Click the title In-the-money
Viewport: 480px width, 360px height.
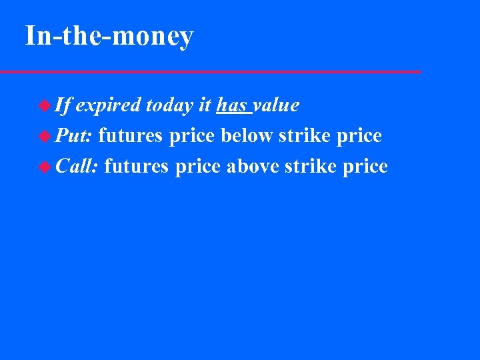tap(109, 36)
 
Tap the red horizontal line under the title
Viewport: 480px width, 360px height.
tap(210, 71)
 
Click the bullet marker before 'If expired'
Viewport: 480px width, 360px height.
tap(45, 105)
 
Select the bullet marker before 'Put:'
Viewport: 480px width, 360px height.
tap(45, 136)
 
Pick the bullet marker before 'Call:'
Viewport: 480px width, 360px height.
tap(45, 167)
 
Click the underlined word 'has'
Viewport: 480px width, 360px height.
tap(231, 105)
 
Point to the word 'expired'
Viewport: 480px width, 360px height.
tap(108, 105)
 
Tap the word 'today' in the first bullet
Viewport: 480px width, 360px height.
tap(169, 105)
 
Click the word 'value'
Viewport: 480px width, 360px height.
tap(275, 105)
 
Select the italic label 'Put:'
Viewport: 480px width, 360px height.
tap(74, 136)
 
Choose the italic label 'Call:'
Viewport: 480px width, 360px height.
tap(77, 167)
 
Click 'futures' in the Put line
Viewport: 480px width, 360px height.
tap(131, 136)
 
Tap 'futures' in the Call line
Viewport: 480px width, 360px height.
tap(137, 167)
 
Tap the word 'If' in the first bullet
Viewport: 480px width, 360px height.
tap(63, 105)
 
